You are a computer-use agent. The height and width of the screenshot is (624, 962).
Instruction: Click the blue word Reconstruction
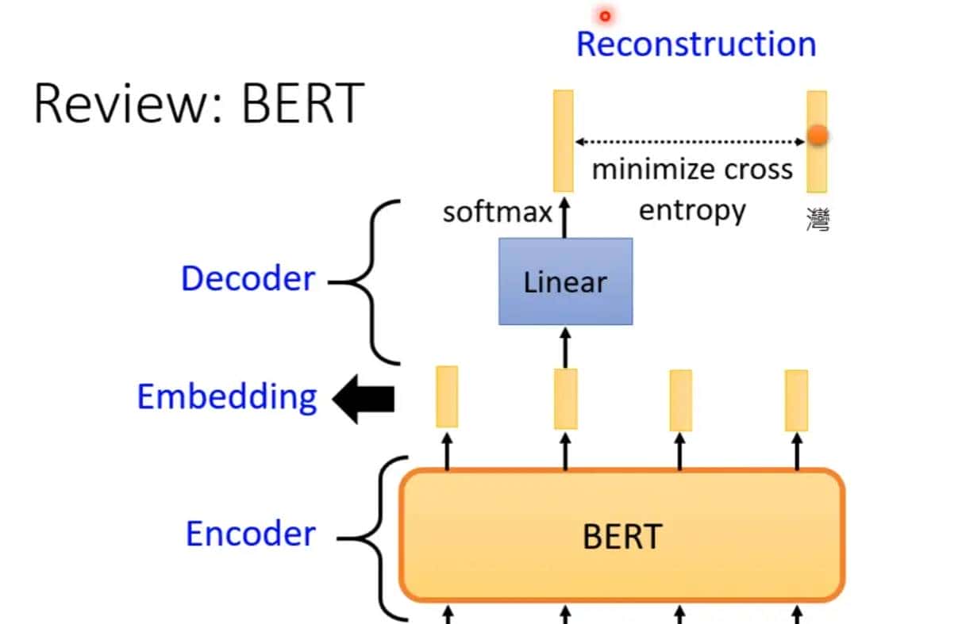coord(696,44)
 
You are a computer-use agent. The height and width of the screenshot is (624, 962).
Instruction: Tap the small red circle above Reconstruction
coord(606,15)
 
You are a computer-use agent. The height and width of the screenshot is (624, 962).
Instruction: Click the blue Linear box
coord(565,281)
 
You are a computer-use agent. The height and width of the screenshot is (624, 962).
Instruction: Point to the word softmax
coord(497,212)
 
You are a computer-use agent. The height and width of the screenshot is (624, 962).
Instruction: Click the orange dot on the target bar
coord(818,136)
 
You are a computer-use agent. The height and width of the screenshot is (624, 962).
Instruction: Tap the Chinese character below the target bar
coord(818,218)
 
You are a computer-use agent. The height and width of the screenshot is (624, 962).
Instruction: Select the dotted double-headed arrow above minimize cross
coord(690,142)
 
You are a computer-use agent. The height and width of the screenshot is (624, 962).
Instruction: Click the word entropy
coord(692,210)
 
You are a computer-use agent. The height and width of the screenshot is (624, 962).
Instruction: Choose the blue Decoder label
coord(248,279)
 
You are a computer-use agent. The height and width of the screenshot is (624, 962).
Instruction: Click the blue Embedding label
coord(227,396)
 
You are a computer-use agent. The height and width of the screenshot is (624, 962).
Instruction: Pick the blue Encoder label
coord(250,534)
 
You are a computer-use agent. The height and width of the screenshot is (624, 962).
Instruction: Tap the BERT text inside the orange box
coord(621,537)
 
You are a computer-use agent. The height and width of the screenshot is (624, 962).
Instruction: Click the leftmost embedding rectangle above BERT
coord(447,396)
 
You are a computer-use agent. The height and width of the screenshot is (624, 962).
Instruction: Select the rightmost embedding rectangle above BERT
coord(796,400)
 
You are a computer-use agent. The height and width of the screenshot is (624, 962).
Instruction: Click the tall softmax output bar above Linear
coord(564,140)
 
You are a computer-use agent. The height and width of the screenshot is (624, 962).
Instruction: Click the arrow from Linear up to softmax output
coord(565,219)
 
